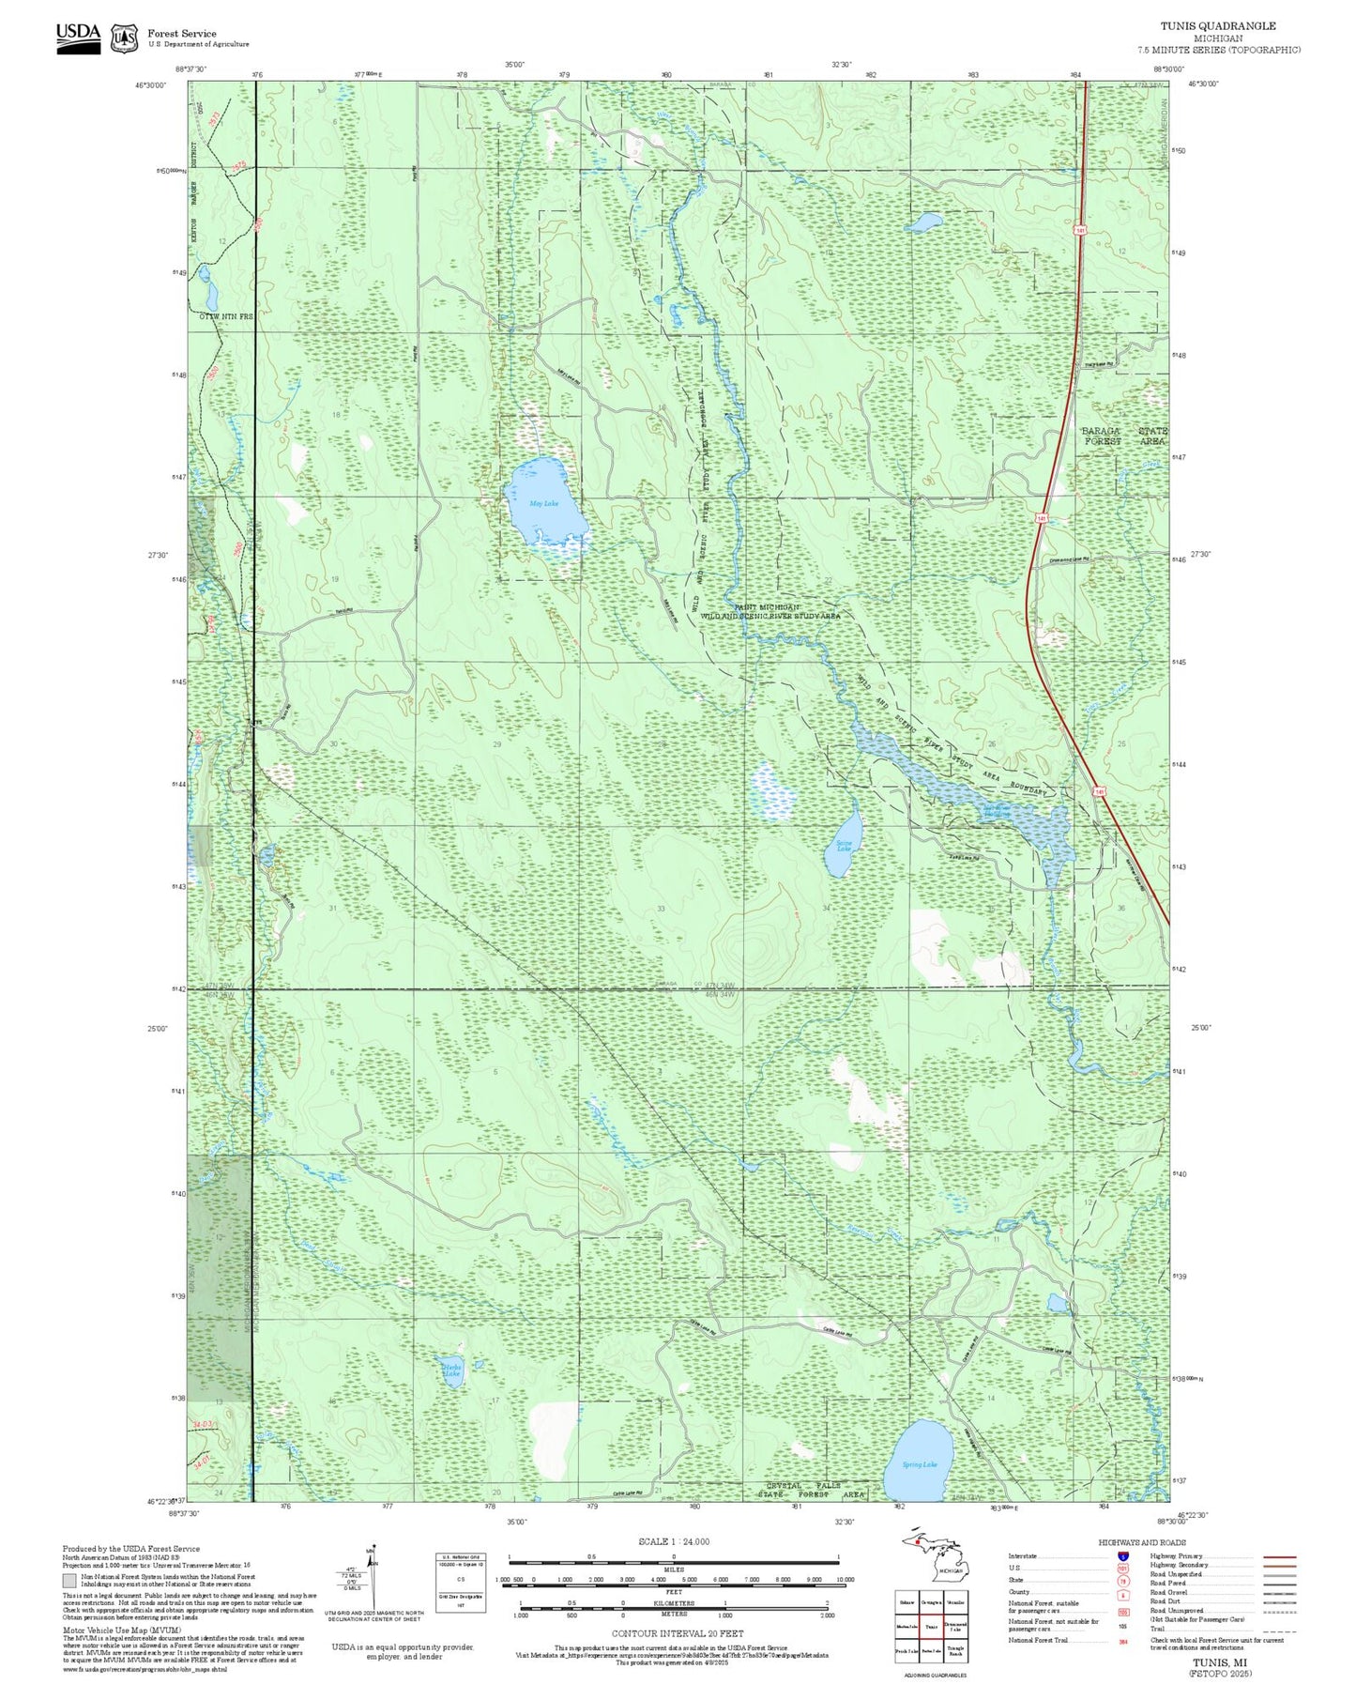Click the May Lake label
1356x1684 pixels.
(543, 504)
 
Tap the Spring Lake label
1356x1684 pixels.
(919, 1463)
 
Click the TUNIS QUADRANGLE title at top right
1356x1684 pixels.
(1232, 25)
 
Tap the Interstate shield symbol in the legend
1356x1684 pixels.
(1123, 1556)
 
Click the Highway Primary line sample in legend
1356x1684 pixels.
(1279, 1556)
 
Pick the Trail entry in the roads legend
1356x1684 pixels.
(1157, 1629)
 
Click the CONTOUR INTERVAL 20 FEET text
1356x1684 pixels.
(677, 1633)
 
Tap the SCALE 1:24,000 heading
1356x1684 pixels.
(674, 1541)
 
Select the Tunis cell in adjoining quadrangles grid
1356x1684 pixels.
(931, 1627)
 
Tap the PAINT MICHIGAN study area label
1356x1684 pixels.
(769, 611)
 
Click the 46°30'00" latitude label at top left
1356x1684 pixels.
(151, 84)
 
